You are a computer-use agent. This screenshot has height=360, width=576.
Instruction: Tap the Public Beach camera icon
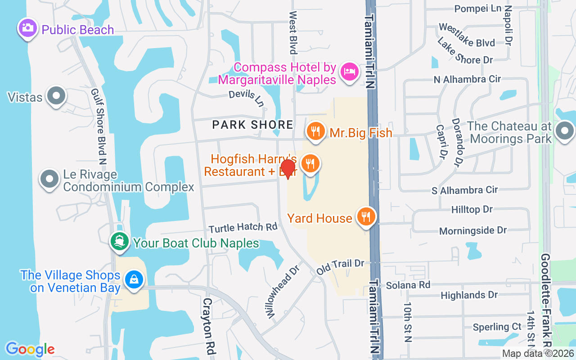click(x=28, y=28)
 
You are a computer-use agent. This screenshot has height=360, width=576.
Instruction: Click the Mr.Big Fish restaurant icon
click(x=316, y=131)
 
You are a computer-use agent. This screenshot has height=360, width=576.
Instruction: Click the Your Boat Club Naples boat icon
click(x=119, y=242)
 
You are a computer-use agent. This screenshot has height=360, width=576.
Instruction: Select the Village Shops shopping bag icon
click(x=134, y=279)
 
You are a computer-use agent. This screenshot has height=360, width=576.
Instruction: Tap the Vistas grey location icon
click(x=56, y=96)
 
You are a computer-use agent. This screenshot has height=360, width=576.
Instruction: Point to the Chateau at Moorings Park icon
click(x=564, y=132)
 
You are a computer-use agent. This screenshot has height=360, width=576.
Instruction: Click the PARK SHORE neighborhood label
click(x=252, y=125)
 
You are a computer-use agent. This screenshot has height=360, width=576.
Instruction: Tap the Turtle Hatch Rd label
click(x=243, y=227)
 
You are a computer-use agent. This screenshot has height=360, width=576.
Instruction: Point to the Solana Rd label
click(x=408, y=284)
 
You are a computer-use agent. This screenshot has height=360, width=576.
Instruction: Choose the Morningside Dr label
click(x=473, y=230)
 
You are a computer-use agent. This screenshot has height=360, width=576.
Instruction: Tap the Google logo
click(x=30, y=349)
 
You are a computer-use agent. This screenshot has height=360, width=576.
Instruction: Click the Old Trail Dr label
click(x=340, y=266)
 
